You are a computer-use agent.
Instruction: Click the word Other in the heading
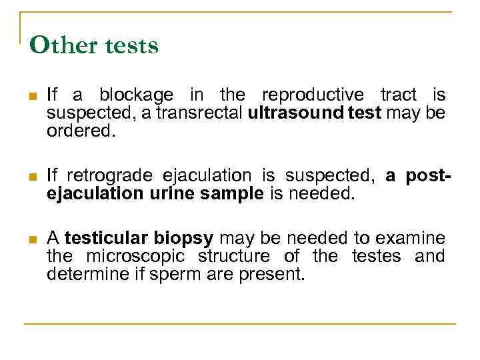(59, 45)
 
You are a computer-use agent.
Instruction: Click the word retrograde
(107, 177)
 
